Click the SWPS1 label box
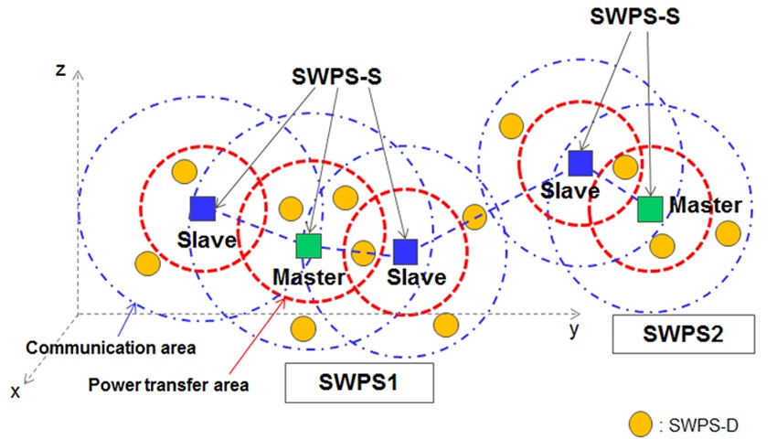pos(358,383)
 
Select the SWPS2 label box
pos(684,335)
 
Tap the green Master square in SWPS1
pos(308,245)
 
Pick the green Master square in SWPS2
pos(650,209)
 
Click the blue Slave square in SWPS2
pos(580,163)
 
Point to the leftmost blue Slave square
pos(201,209)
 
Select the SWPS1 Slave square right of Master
pos(406,252)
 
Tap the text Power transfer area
pos(169,383)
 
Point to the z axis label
pos(60,70)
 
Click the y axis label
pos(574,329)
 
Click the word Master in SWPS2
pos(705,205)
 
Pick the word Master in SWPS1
pos(308,276)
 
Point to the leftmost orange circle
pos(146,263)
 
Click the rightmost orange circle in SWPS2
pos(728,232)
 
